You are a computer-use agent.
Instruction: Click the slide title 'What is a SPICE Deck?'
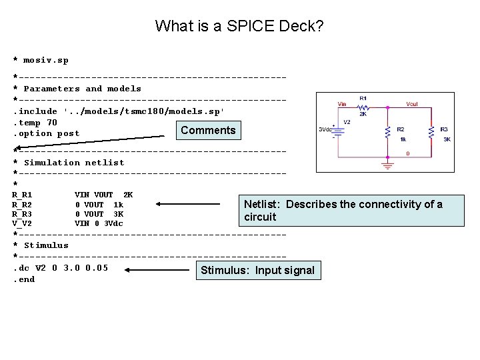(239, 27)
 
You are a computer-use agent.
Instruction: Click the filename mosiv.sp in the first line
(46, 61)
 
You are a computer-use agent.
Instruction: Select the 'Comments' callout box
(208, 130)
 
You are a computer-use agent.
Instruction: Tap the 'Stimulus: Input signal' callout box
(257, 270)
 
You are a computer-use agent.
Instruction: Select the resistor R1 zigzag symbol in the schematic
(363, 106)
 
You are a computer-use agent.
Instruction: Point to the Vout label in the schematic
(412, 104)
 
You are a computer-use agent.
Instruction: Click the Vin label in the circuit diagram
(342, 104)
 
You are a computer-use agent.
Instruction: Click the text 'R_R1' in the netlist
(22, 195)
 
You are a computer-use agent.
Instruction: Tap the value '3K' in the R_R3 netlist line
(119, 214)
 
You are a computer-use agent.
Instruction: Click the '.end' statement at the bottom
(24, 279)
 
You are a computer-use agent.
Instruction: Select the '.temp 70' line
(35, 123)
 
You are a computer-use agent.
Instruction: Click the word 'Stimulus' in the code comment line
(46, 245)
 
